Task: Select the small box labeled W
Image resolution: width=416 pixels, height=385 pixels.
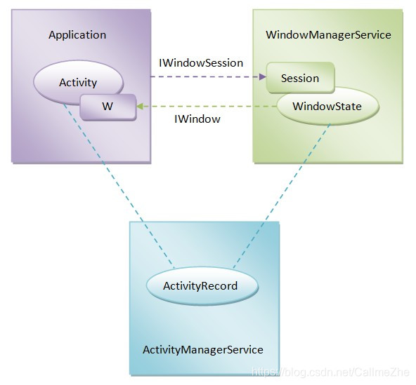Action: (x=108, y=107)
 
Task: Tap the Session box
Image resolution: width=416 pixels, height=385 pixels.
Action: (x=300, y=78)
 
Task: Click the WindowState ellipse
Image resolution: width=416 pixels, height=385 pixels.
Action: (x=328, y=106)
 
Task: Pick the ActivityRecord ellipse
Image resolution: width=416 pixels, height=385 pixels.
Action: (x=202, y=286)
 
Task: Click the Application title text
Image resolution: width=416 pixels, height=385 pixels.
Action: (x=77, y=35)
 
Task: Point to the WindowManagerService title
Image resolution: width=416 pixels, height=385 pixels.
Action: (x=328, y=34)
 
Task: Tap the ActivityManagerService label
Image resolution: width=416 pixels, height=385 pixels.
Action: (x=203, y=349)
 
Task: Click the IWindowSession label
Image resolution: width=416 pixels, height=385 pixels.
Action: (x=201, y=63)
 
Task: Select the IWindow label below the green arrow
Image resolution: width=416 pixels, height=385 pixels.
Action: (x=197, y=119)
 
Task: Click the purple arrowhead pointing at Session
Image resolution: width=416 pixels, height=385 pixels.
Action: (x=263, y=76)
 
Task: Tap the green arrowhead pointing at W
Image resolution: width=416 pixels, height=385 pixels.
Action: (x=140, y=107)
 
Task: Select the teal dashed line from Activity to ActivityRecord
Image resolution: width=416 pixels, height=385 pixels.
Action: (x=119, y=186)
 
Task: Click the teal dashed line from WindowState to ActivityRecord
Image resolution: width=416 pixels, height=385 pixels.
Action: (x=282, y=196)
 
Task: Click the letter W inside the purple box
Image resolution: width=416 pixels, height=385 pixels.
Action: (x=108, y=107)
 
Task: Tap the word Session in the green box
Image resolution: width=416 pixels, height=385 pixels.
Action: (x=300, y=79)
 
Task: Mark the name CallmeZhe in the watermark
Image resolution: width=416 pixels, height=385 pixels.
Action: (x=382, y=372)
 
